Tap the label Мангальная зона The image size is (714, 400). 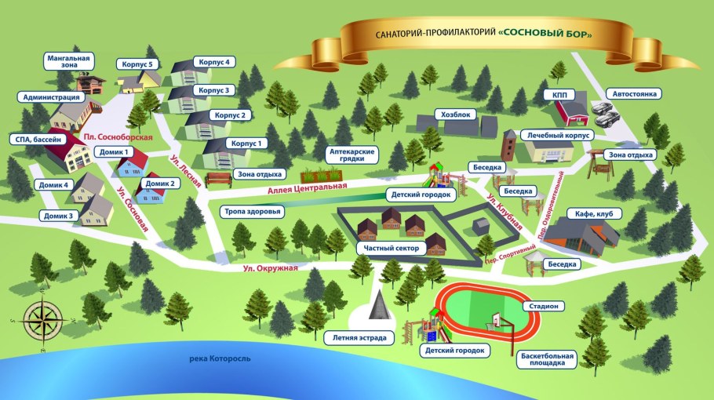point(68,63)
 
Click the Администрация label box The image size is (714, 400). point(52,97)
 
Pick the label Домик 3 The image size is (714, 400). point(59,215)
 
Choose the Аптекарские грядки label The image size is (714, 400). point(352,154)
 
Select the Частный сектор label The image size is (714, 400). point(389,248)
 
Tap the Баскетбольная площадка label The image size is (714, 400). point(547,359)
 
